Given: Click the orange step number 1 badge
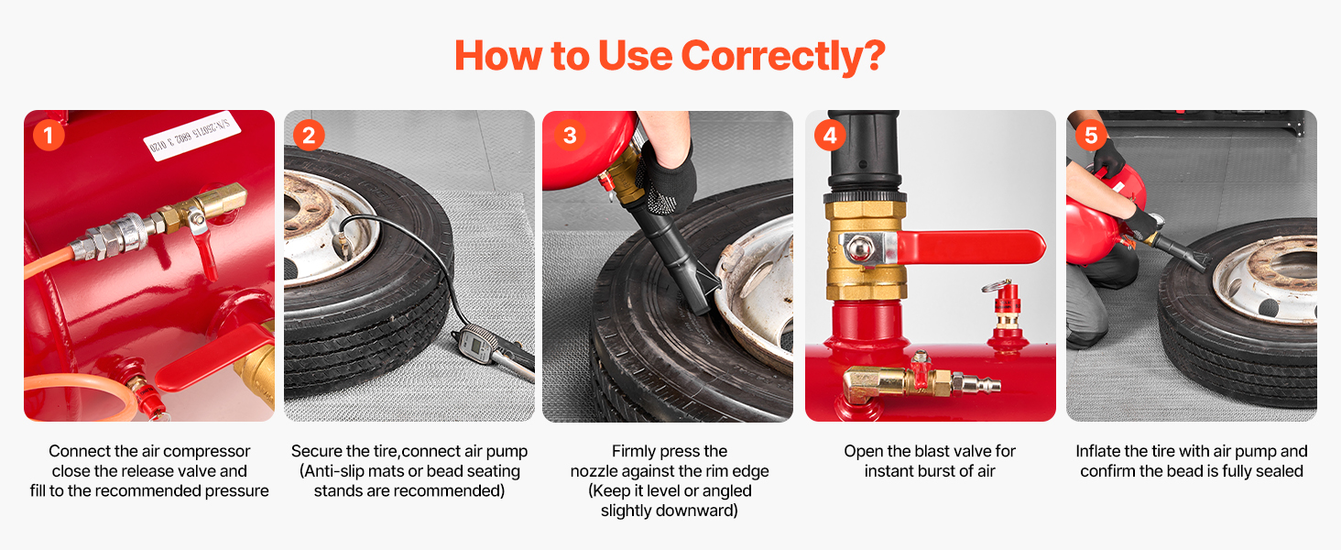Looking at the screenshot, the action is click(x=49, y=135).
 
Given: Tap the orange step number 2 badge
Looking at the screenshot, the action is click(x=309, y=135).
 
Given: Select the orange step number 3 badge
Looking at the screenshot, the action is click(x=570, y=135).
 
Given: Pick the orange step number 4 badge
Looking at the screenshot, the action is click(x=830, y=135).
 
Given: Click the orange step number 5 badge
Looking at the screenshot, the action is click(x=1091, y=135).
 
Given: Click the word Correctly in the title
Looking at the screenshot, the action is click(x=783, y=56).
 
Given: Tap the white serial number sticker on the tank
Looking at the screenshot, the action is click(x=191, y=136).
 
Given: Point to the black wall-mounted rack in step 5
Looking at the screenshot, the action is click(x=1204, y=120).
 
